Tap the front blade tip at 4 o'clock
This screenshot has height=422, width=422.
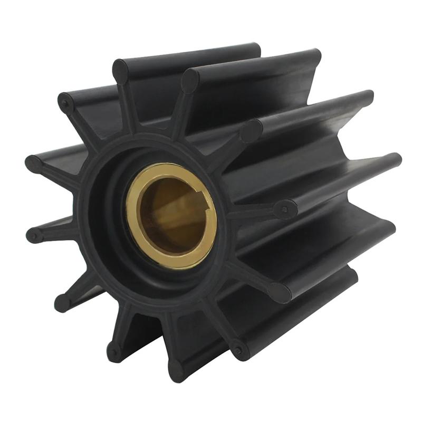click(x=280, y=292)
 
